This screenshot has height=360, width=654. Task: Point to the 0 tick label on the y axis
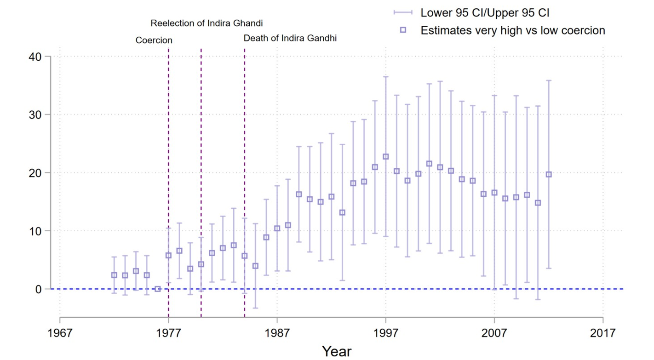[38, 289]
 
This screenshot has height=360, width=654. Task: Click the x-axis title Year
[337, 351]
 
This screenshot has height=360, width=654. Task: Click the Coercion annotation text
[154, 40]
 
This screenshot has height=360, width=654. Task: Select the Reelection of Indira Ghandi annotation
[207, 23]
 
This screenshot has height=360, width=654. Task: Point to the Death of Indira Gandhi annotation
[290, 38]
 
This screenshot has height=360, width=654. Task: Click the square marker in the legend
[403, 30]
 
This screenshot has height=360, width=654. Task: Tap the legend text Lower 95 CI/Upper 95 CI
[485, 13]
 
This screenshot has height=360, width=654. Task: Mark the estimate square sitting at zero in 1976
[158, 289]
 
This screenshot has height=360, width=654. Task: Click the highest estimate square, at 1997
[385, 157]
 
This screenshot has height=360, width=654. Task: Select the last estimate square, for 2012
[548, 174]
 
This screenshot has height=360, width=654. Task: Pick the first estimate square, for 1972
[114, 275]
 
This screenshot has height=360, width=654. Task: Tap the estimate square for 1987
[277, 229]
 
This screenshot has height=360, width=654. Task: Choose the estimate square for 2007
[494, 193]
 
